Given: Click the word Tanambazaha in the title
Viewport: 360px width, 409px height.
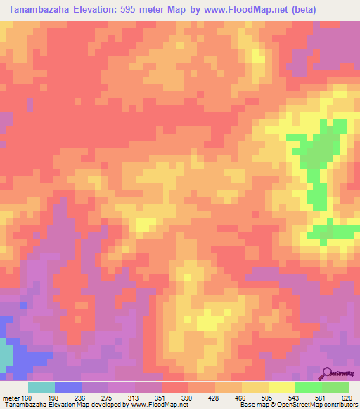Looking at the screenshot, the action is pyautogui.click(x=44, y=10).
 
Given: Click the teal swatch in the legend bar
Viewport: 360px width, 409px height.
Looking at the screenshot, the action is pyautogui.click(x=41, y=387).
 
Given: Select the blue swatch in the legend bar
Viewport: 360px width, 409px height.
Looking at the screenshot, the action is pyautogui.click(x=67, y=387).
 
